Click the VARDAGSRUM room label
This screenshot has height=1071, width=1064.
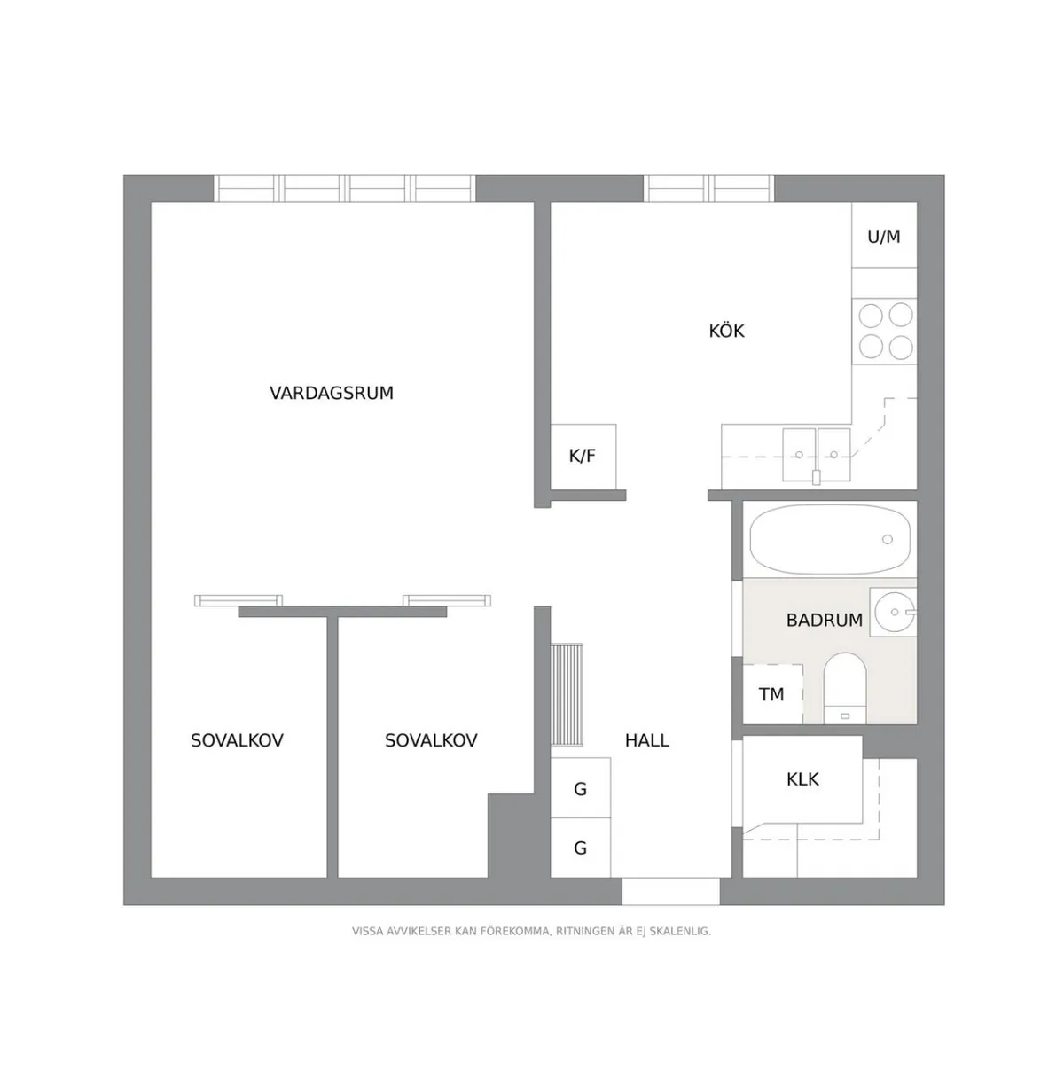(332, 393)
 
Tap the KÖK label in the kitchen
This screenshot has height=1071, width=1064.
(726, 332)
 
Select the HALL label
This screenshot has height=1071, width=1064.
(646, 740)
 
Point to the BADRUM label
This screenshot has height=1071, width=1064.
(824, 620)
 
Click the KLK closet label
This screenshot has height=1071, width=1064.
(802, 779)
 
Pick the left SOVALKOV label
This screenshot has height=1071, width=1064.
(237, 740)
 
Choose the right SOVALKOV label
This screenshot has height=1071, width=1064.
(431, 740)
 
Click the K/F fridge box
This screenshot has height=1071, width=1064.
(583, 457)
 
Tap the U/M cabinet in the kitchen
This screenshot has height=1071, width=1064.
(883, 236)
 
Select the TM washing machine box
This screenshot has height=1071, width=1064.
(771, 694)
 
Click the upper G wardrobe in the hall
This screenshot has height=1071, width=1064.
(581, 788)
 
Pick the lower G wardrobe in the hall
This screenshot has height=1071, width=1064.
(581, 848)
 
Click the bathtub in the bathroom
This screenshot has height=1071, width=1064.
(829, 539)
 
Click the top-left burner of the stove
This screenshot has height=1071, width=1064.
(871, 316)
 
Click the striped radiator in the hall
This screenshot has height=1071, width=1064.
(566, 695)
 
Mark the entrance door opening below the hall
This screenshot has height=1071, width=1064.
(670, 892)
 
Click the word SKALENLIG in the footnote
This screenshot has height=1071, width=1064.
(680, 932)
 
